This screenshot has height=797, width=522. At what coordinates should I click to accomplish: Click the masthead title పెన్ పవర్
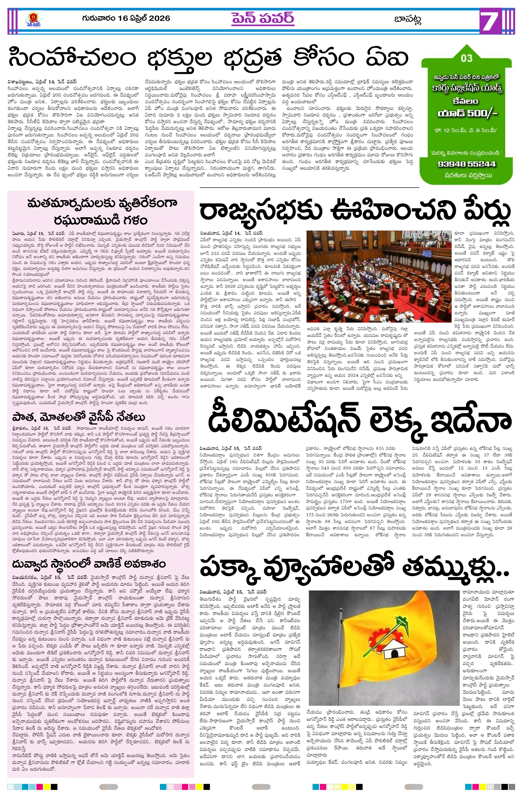[263, 18]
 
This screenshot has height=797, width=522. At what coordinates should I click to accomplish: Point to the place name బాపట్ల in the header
[408, 19]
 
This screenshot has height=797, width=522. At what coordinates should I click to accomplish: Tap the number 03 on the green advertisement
[467, 58]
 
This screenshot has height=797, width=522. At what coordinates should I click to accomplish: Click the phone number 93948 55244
[466, 164]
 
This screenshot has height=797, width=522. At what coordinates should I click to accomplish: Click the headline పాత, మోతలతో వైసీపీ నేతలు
[79, 417]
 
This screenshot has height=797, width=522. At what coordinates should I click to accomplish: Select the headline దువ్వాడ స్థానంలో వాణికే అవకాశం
[89, 564]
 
